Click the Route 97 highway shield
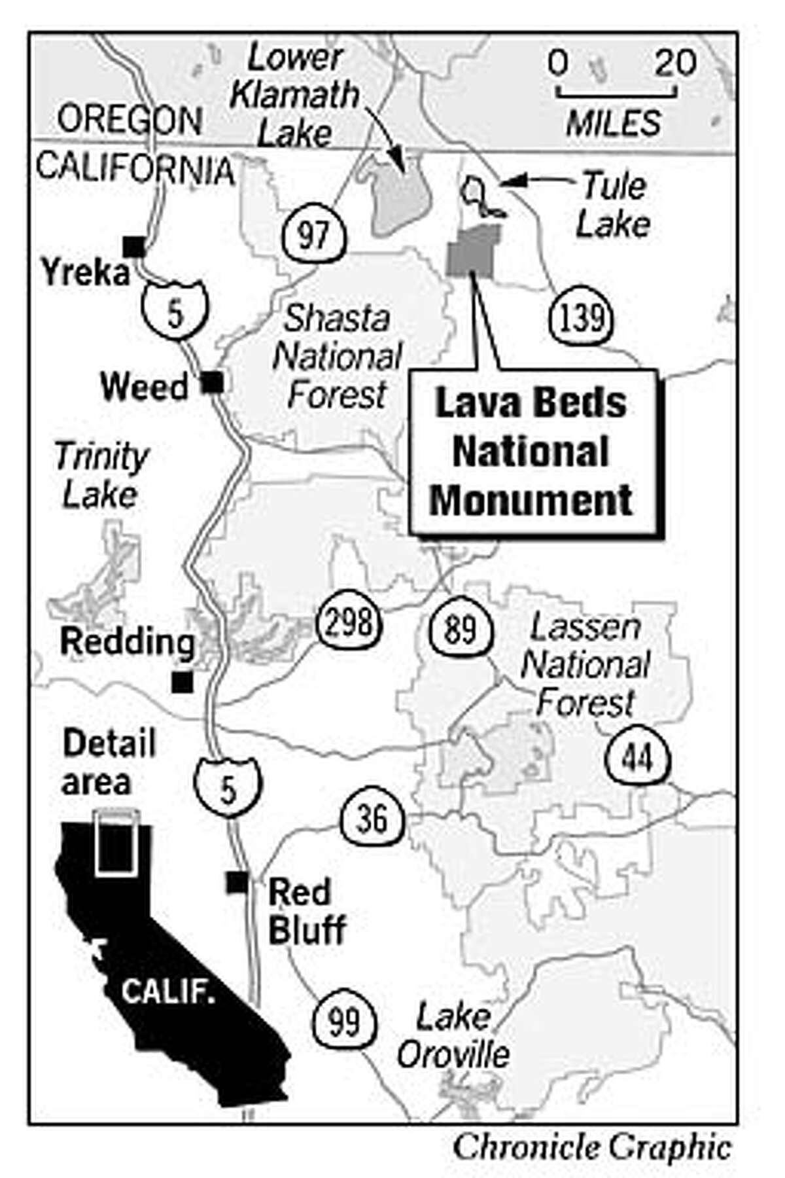pos(313,233)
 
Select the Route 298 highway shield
pos(347,622)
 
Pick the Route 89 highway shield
pos(462,629)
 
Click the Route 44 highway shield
pos(637,757)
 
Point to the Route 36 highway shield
pos(372,818)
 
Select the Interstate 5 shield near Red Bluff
pos(227,787)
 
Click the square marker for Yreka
pos(134,247)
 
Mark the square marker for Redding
pos(182,682)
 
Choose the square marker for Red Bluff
pos(236,882)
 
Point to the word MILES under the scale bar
pos(614,122)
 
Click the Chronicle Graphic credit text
pos(591,1147)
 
